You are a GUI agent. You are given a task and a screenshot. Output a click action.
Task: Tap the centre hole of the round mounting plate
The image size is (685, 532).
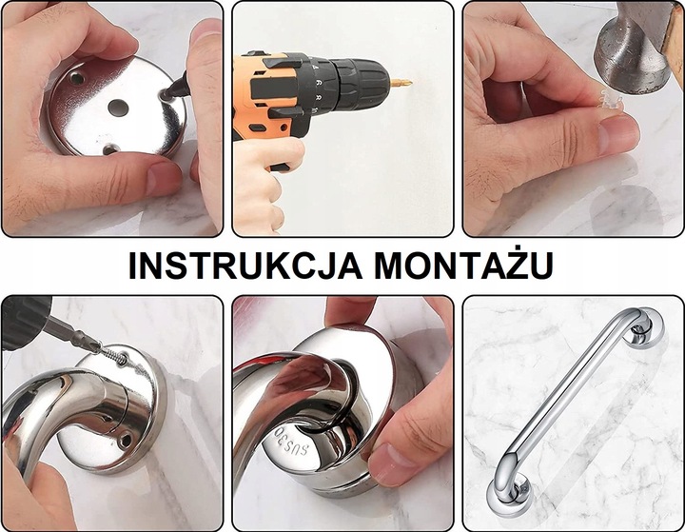coord(117,107)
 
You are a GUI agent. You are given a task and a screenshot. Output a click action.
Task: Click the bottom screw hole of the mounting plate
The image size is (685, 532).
coord(110,148)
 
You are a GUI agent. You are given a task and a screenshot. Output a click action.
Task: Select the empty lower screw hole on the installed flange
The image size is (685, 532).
coord(124,440)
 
